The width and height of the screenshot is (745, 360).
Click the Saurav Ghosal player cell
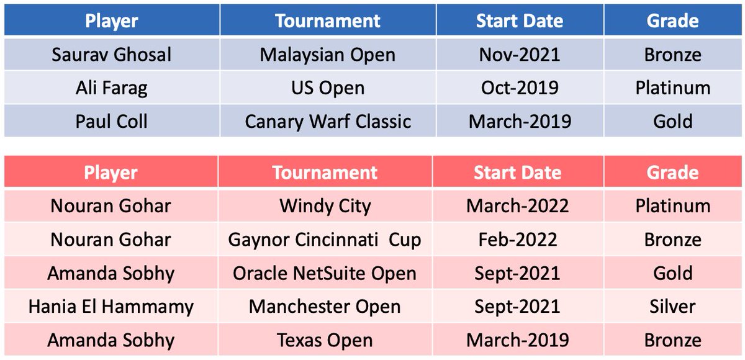tap(112, 55)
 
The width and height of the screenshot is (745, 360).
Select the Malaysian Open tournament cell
tap(327, 55)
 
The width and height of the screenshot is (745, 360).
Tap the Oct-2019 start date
tap(520, 88)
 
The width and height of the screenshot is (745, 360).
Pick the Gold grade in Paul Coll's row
tap(673, 121)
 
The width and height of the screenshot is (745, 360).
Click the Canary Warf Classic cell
tap(327, 121)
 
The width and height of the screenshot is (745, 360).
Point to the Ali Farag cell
tap(112, 88)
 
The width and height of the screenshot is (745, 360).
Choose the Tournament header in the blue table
tap(327, 21)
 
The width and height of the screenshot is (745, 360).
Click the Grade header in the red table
tap(673, 173)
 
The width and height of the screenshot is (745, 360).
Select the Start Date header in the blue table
tap(520, 21)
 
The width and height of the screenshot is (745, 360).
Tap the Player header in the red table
tap(111, 173)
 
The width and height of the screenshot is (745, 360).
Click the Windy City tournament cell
tap(325, 206)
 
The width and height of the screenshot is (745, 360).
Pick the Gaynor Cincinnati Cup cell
tap(325, 240)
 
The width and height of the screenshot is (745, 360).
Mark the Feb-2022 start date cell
tap(518, 240)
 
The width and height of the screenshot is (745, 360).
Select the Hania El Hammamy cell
tap(111, 307)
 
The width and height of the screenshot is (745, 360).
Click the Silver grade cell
tap(673, 307)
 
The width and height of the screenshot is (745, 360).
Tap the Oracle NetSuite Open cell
tap(325, 273)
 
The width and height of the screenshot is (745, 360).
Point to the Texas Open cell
tap(325, 340)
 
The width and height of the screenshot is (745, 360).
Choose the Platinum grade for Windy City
tap(673, 206)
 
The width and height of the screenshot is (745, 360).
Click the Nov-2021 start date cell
tap(520, 55)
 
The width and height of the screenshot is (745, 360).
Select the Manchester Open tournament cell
tap(325, 307)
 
